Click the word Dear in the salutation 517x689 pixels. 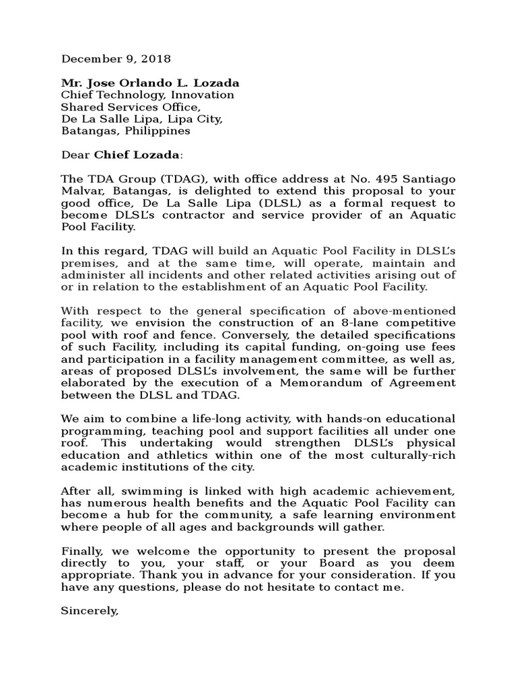[x=75, y=155]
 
